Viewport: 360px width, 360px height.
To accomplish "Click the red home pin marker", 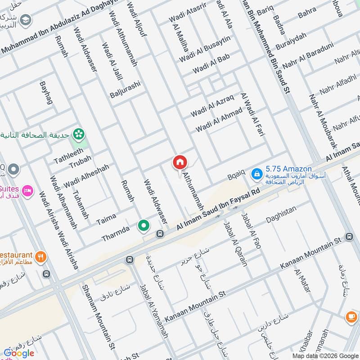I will point(180,162).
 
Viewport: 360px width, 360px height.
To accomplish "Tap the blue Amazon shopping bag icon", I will point(256,173).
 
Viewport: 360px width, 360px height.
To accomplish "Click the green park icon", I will point(79,133).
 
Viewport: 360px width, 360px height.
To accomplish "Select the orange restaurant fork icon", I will point(40,257).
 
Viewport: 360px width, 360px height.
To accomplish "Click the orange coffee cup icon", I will point(351,317).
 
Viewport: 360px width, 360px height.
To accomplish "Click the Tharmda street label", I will point(116,234).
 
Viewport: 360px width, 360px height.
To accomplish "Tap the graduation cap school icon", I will point(26,19).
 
